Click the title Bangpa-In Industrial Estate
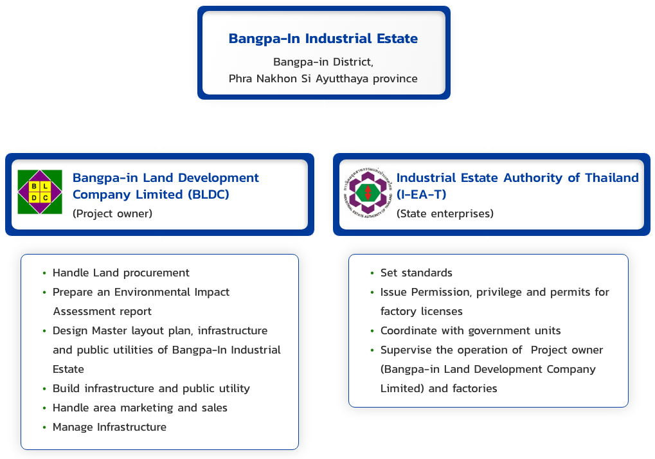pos(323,39)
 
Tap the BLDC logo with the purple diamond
pos(40,192)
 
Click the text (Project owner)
pos(112,213)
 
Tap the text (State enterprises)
pos(445,213)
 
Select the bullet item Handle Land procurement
pos(121,273)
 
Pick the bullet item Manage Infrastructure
pos(109,427)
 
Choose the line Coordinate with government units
pos(471,330)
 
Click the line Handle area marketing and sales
pos(140,408)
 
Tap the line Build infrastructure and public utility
pos(151,388)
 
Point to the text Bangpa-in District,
pos(323,62)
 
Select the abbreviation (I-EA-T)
pos(421,194)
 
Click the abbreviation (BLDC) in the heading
pos(206,194)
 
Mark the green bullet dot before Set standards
pos(372,273)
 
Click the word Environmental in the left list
pos(154,292)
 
